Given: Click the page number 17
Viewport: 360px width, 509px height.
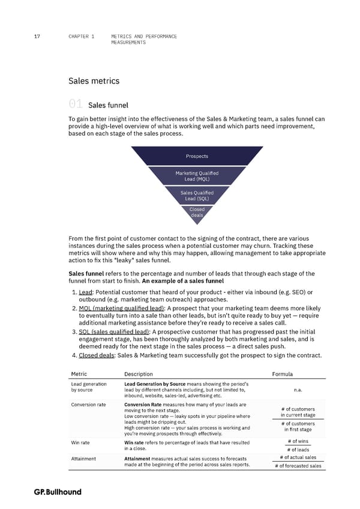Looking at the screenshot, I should tap(37, 37).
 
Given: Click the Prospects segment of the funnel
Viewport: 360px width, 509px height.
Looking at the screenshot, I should tap(197, 156).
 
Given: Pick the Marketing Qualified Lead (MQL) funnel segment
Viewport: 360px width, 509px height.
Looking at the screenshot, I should tap(197, 176).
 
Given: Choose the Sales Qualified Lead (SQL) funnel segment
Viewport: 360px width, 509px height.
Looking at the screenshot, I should tap(197, 196).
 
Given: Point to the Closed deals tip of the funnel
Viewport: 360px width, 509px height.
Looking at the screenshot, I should tap(197, 212).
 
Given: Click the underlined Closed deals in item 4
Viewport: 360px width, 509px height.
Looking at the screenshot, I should tap(97, 355).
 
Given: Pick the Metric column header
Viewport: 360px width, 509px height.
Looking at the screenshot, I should tap(80, 374).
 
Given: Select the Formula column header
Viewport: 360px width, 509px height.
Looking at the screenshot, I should tap(282, 374).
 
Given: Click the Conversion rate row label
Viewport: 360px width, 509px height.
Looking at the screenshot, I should tap(88, 404).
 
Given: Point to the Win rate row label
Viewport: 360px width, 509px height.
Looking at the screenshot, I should tap(80, 443).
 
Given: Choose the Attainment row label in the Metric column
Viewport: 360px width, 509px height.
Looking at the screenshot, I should tap(83, 459).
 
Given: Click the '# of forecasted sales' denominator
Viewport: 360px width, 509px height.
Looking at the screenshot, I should tap(298, 466).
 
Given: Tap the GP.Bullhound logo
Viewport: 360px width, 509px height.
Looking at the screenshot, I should tap(58, 492).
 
